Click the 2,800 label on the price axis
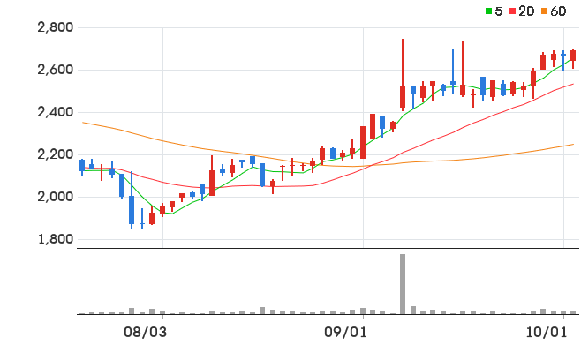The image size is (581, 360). (x=56, y=27)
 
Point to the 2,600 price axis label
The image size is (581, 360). (x=56, y=70)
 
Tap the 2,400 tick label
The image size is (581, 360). (x=56, y=112)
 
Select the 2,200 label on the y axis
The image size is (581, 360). (x=56, y=154)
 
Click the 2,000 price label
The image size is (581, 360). (x=56, y=197)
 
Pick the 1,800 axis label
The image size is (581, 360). (x=56, y=239)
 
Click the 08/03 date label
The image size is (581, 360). (x=145, y=333)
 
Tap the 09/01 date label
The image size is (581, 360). (x=345, y=333)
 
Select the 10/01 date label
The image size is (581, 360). (x=547, y=333)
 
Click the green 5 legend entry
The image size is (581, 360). (x=494, y=11)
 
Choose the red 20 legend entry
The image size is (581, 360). (x=522, y=11)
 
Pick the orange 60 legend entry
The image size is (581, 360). (x=554, y=11)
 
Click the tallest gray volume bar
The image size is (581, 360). (x=403, y=284)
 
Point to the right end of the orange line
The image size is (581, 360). (x=574, y=144)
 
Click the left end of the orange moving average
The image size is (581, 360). (x=83, y=123)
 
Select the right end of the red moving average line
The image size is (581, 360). (x=574, y=84)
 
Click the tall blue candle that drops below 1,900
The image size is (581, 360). (x=132, y=210)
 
